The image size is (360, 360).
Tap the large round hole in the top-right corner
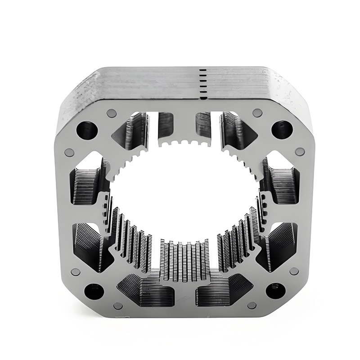[282, 130]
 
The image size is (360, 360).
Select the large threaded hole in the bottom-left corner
[94, 291]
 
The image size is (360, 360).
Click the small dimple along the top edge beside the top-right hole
[257, 112]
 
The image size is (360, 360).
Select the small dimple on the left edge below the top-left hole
[69, 153]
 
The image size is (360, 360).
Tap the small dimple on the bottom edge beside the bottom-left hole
[118, 306]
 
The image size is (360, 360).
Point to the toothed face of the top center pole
[184, 143]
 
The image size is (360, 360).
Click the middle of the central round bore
[184, 198]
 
